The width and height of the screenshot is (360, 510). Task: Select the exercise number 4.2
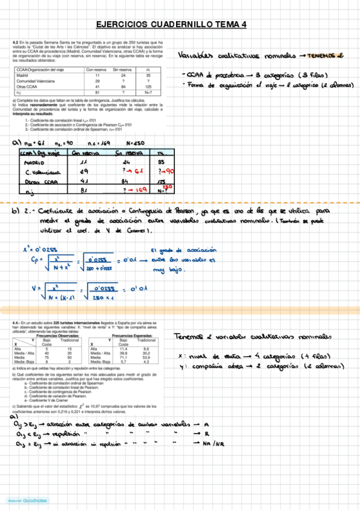pyautogui.click(x=15, y=43)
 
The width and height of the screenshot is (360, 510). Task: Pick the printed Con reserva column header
pyautogui.click(x=95, y=70)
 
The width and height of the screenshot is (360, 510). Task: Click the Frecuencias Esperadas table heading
pyautogui.click(x=130, y=335)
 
